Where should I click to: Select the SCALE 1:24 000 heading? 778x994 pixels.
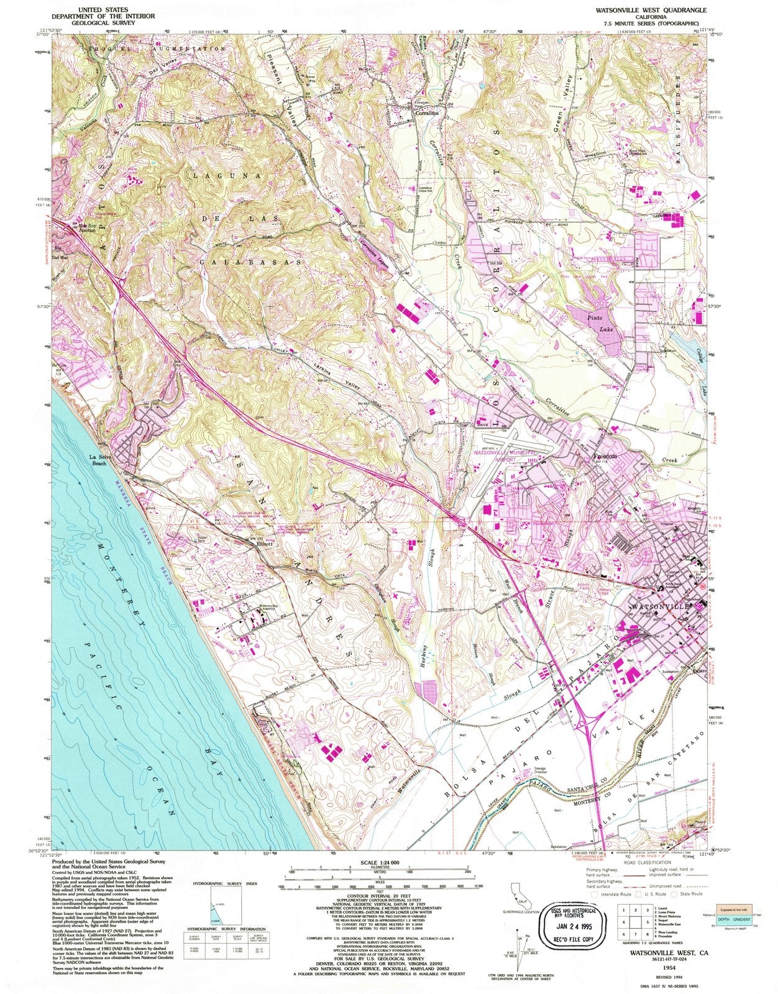click(379, 864)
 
